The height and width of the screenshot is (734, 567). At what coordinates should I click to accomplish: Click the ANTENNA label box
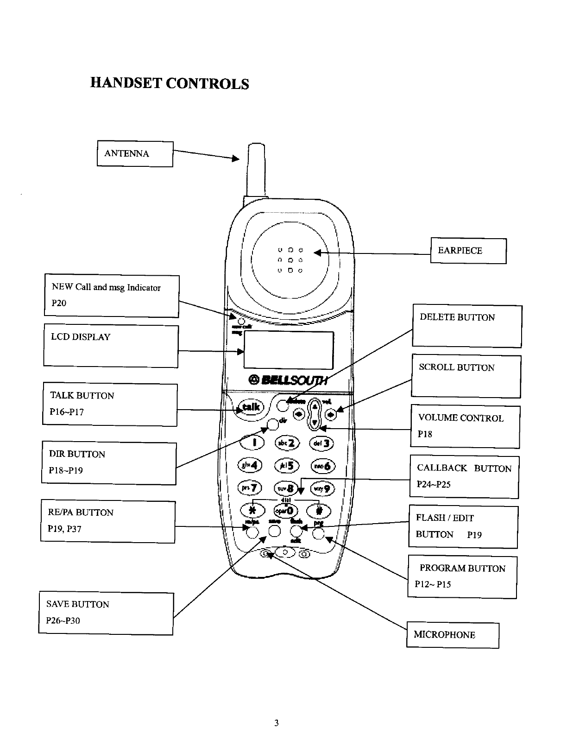(135, 154)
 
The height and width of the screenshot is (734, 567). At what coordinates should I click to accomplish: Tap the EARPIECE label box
(468, 251)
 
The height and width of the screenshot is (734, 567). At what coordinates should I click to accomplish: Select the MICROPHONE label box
(453, 635)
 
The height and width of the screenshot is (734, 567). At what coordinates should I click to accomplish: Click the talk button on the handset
(249, 408)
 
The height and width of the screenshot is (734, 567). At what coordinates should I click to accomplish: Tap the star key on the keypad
(252, 510)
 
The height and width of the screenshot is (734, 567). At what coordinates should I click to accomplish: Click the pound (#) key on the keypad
(319, 510)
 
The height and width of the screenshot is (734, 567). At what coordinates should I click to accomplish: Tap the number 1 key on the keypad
(252, 443)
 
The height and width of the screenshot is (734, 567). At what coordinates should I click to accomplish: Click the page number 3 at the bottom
(276, 723)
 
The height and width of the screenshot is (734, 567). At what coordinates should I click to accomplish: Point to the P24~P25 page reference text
(434, 485)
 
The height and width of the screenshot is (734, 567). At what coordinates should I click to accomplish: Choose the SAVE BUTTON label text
(78, 604)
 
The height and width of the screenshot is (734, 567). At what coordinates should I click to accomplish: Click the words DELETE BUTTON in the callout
(457, 317)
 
